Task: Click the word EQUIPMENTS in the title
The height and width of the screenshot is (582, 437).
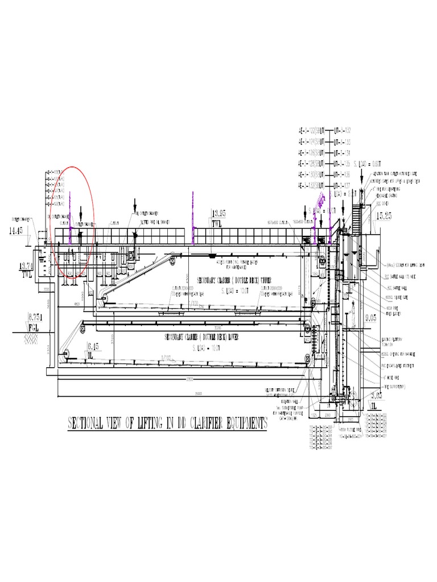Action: point(240,423)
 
